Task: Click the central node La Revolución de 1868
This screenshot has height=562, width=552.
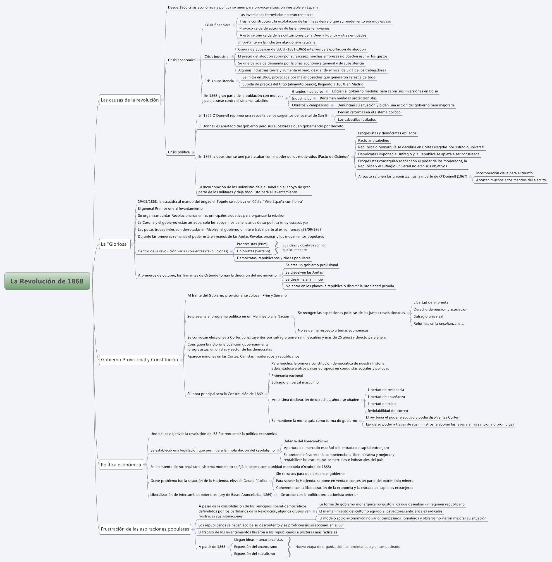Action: (47, 281)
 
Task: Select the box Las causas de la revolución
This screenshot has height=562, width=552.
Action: (130, 100)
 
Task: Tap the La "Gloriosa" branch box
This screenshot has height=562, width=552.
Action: (114, 244)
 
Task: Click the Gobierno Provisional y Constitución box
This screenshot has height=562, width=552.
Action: (139, 359)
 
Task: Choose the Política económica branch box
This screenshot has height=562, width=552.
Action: (121, 464)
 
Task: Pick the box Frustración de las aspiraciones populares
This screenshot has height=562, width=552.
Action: (145, 529)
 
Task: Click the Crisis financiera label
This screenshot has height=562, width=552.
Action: (218, 25)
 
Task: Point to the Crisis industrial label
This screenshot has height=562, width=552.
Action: (217, 56)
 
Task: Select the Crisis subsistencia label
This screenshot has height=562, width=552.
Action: (219, 81)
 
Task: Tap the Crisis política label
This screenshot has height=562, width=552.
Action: (179, 152)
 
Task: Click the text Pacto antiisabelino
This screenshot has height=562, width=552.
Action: (373, 140)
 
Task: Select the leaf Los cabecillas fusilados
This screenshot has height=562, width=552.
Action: (357, 120)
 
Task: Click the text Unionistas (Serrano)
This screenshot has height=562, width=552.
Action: (253, 251)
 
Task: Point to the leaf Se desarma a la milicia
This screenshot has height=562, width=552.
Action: (304, 279)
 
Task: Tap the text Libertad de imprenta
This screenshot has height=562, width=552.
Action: (431, 302)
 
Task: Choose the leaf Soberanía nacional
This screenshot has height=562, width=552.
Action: (287, 376)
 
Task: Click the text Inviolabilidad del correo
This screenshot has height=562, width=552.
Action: (388, 411)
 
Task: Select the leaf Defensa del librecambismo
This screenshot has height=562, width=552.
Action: (305, 441)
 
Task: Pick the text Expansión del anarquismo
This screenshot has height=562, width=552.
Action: (255, 547)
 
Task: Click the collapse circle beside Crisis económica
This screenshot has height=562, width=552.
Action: (199, 60)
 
